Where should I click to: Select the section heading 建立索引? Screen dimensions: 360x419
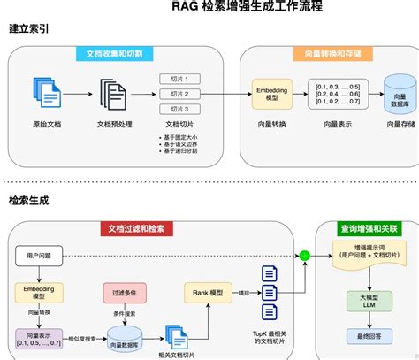click(29, 29)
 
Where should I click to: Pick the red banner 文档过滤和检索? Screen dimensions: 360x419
click(135, 228)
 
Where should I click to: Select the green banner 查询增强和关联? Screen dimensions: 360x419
click(365, 228)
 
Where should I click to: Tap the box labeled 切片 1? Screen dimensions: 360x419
click(180, 79)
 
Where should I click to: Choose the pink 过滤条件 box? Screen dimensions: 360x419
click(124, 291)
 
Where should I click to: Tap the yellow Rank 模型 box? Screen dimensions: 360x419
click(202, 291)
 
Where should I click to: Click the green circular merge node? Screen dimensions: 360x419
click(304, 256)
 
